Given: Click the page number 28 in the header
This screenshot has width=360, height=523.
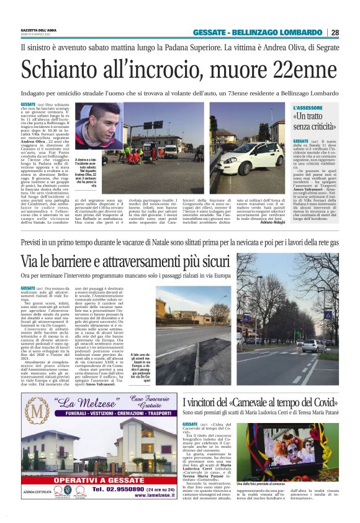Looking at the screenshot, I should point(352,32).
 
